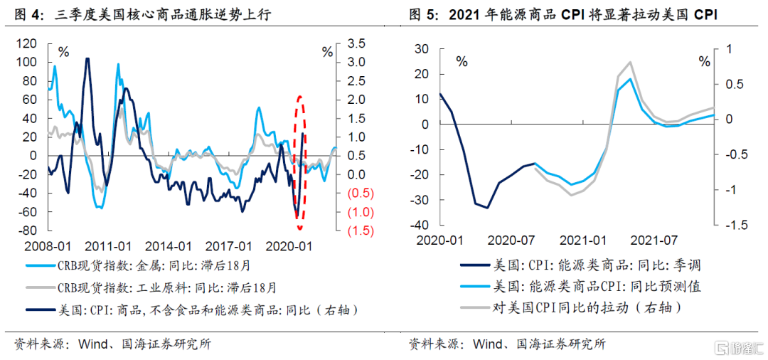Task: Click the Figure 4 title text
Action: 143,14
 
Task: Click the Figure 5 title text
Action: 562,14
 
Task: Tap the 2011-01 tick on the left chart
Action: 108,246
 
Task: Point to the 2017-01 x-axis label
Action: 229,246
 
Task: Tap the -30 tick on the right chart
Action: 422,201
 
